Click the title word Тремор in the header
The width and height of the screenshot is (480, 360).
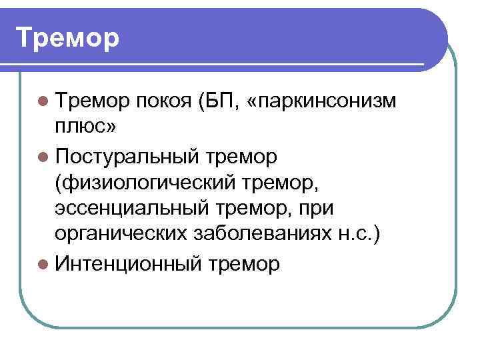[67, 38]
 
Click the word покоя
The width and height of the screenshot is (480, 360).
[161, 102]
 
